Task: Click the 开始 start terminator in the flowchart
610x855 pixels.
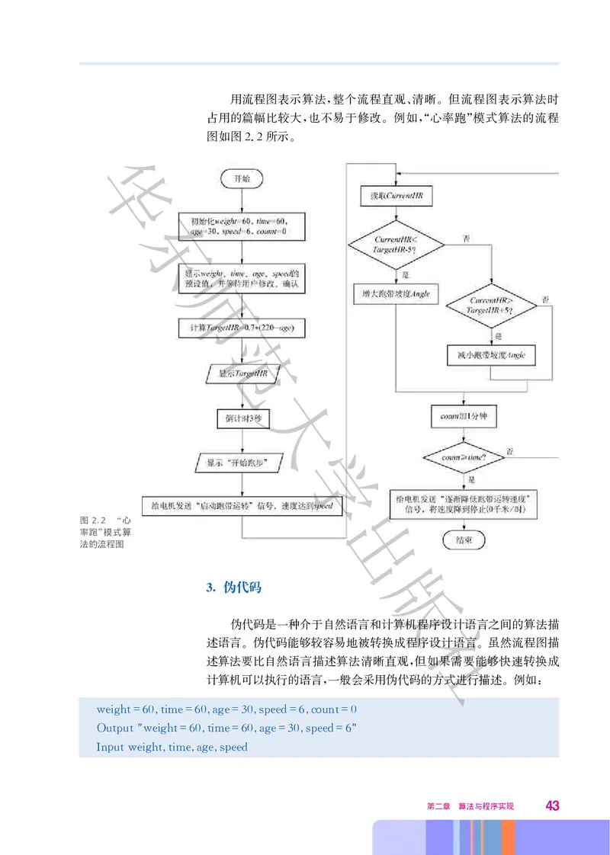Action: [x=241, y=178]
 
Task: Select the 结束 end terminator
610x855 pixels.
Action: [x=464, y=540]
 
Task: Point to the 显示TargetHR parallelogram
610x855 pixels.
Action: [x=241, y=374]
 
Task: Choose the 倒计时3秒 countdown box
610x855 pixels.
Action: [x=241, y=419]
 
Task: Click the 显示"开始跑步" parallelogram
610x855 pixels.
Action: [x=241, y=463]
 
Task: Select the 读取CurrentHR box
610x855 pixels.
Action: [x=396, y=196]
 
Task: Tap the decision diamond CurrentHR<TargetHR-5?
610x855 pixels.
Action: [x=396, y=245]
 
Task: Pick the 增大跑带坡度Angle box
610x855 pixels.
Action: [x=396, y=294]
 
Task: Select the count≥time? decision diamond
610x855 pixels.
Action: [x=464, y=458]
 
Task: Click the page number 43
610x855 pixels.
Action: [x=553, y=806]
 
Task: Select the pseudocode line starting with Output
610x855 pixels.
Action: [x=226, y=728]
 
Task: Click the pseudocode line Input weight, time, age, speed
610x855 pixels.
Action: [x=172, y=747]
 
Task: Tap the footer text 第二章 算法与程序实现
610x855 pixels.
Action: [x=470, y=806]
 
